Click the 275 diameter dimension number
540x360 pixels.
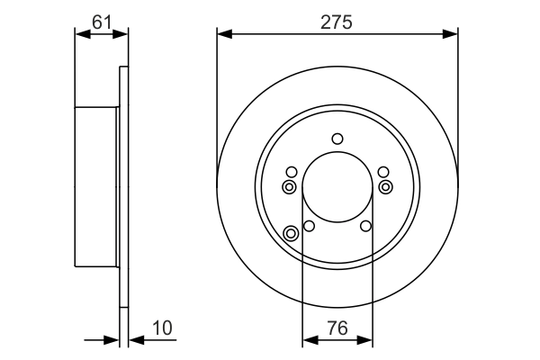point(337,18)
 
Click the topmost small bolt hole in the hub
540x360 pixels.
point(337,139)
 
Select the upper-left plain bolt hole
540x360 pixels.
point(291,172)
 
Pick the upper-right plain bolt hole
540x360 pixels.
point(384,172)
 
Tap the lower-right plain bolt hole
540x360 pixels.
point(365,226)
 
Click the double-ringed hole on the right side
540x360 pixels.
point(386,186)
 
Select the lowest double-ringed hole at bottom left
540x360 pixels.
point(291,234)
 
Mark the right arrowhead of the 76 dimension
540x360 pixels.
point(366,340)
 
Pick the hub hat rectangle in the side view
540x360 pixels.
point(96,187)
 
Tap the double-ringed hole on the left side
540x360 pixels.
point(289,186)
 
